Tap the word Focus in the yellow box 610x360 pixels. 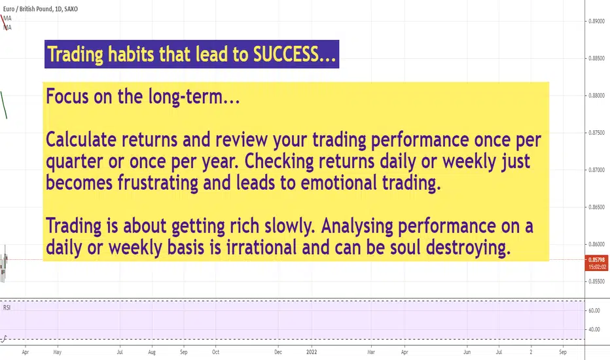point(67,96)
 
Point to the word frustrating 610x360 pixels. point(158,183)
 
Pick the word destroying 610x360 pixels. point(468,247)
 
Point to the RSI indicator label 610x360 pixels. point(7,308)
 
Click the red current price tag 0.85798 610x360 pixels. point(596,260)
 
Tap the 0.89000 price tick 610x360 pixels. point(596,21)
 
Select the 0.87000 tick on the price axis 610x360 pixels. point(596,170)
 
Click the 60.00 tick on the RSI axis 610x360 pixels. point(594,310)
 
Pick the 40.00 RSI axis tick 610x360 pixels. point(594,329)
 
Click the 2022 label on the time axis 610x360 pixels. point(312,352)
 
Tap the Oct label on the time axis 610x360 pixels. point(215,352)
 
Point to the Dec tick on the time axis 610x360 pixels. point(278,352)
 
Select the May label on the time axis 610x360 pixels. point(57,352)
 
